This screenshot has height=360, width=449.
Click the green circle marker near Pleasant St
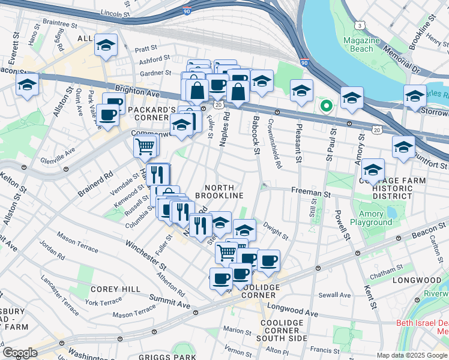coord(326,106)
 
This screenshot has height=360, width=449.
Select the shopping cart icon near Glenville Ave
coord(145,145)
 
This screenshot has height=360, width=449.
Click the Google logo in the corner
coord(19,352)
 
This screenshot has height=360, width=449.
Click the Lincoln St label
coord(116,13)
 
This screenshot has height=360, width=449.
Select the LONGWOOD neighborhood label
coord(417,280)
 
